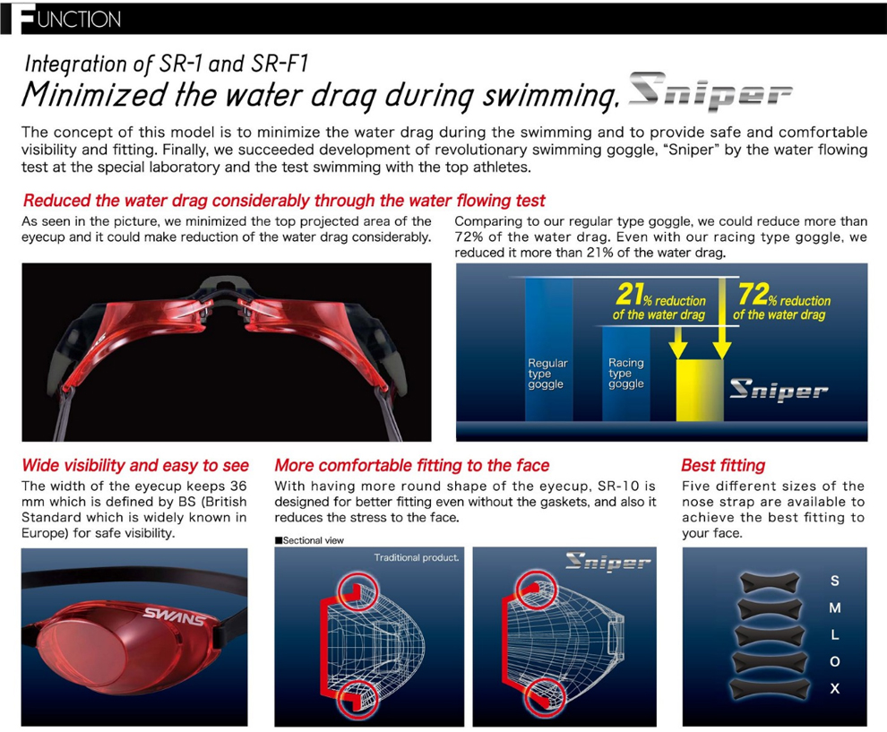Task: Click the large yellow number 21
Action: pyautogui.click(x=629, y=294)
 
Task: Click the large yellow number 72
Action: pyautogui.click(x=753, y=294)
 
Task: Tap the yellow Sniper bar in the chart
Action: pyautogui.click(x=700, y=390)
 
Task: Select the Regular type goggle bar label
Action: pyautogui.click(x=547, y=374)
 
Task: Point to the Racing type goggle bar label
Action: pyautogui.click(x=626, y=374)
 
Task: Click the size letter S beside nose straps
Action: pyautogui.click(x=835, y=581)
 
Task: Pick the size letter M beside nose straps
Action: pyautogui.click(x=835, y=608)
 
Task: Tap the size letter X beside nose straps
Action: pyautogui.click(x=835, y=688)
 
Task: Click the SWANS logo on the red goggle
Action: pyautogui.click(x=174, y=616)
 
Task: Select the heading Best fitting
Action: pyautogui.click(x=723, y=465)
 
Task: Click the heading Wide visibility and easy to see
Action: pyautogui.click(x=135, y=465)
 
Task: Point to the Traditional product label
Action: pyautogui.click(x=416, y=558)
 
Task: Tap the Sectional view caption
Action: pyautogui.click(x=309, y=540)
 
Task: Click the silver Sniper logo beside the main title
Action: pyautogui.click(x=710, y=91)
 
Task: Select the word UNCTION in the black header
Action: pyautogui.click(x=79, y=20)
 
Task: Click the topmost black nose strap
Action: pyautogui.click(x=770, y=582)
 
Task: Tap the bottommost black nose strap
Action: pyautogui.click(x=770, y=688)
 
